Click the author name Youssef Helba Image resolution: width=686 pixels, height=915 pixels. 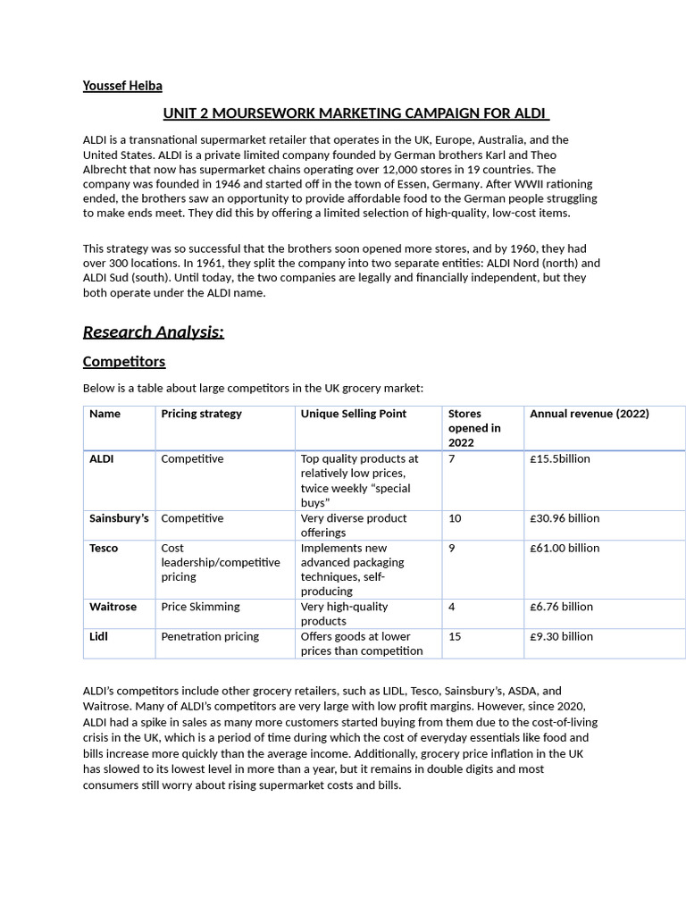pos(122,86)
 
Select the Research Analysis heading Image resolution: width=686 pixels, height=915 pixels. pos(153,332)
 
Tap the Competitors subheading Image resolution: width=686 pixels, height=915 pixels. pos(124,362)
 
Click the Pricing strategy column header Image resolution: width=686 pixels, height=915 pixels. pos(201,414)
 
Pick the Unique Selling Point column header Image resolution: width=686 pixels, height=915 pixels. pos(353,414)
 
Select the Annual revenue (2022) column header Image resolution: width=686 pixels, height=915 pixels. pos(589,414)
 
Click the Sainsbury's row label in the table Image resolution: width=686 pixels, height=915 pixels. pos(119,518)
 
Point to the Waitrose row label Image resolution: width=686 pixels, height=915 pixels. pos(113,607)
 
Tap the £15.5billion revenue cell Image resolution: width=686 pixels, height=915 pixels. pos(560,458)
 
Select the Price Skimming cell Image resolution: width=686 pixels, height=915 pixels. pos(200,607)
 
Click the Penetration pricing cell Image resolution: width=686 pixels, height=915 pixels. pos(210,636)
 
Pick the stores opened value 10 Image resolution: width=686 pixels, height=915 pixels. pos(455,518)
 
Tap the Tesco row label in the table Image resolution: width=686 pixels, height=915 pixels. pos(104,548)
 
